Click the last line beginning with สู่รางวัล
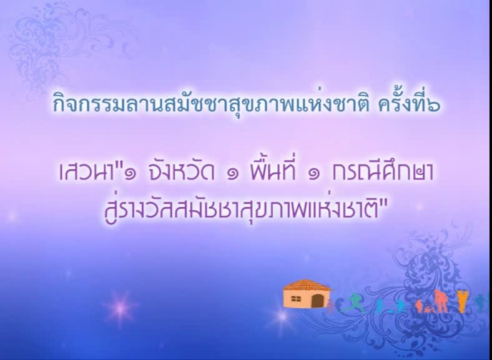click(245, 209)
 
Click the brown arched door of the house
click(318, 301)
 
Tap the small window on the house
click(295, 299)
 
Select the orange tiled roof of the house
click(307, 286)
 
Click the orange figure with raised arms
click(463, 301)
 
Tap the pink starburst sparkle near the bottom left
click(121, 309)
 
